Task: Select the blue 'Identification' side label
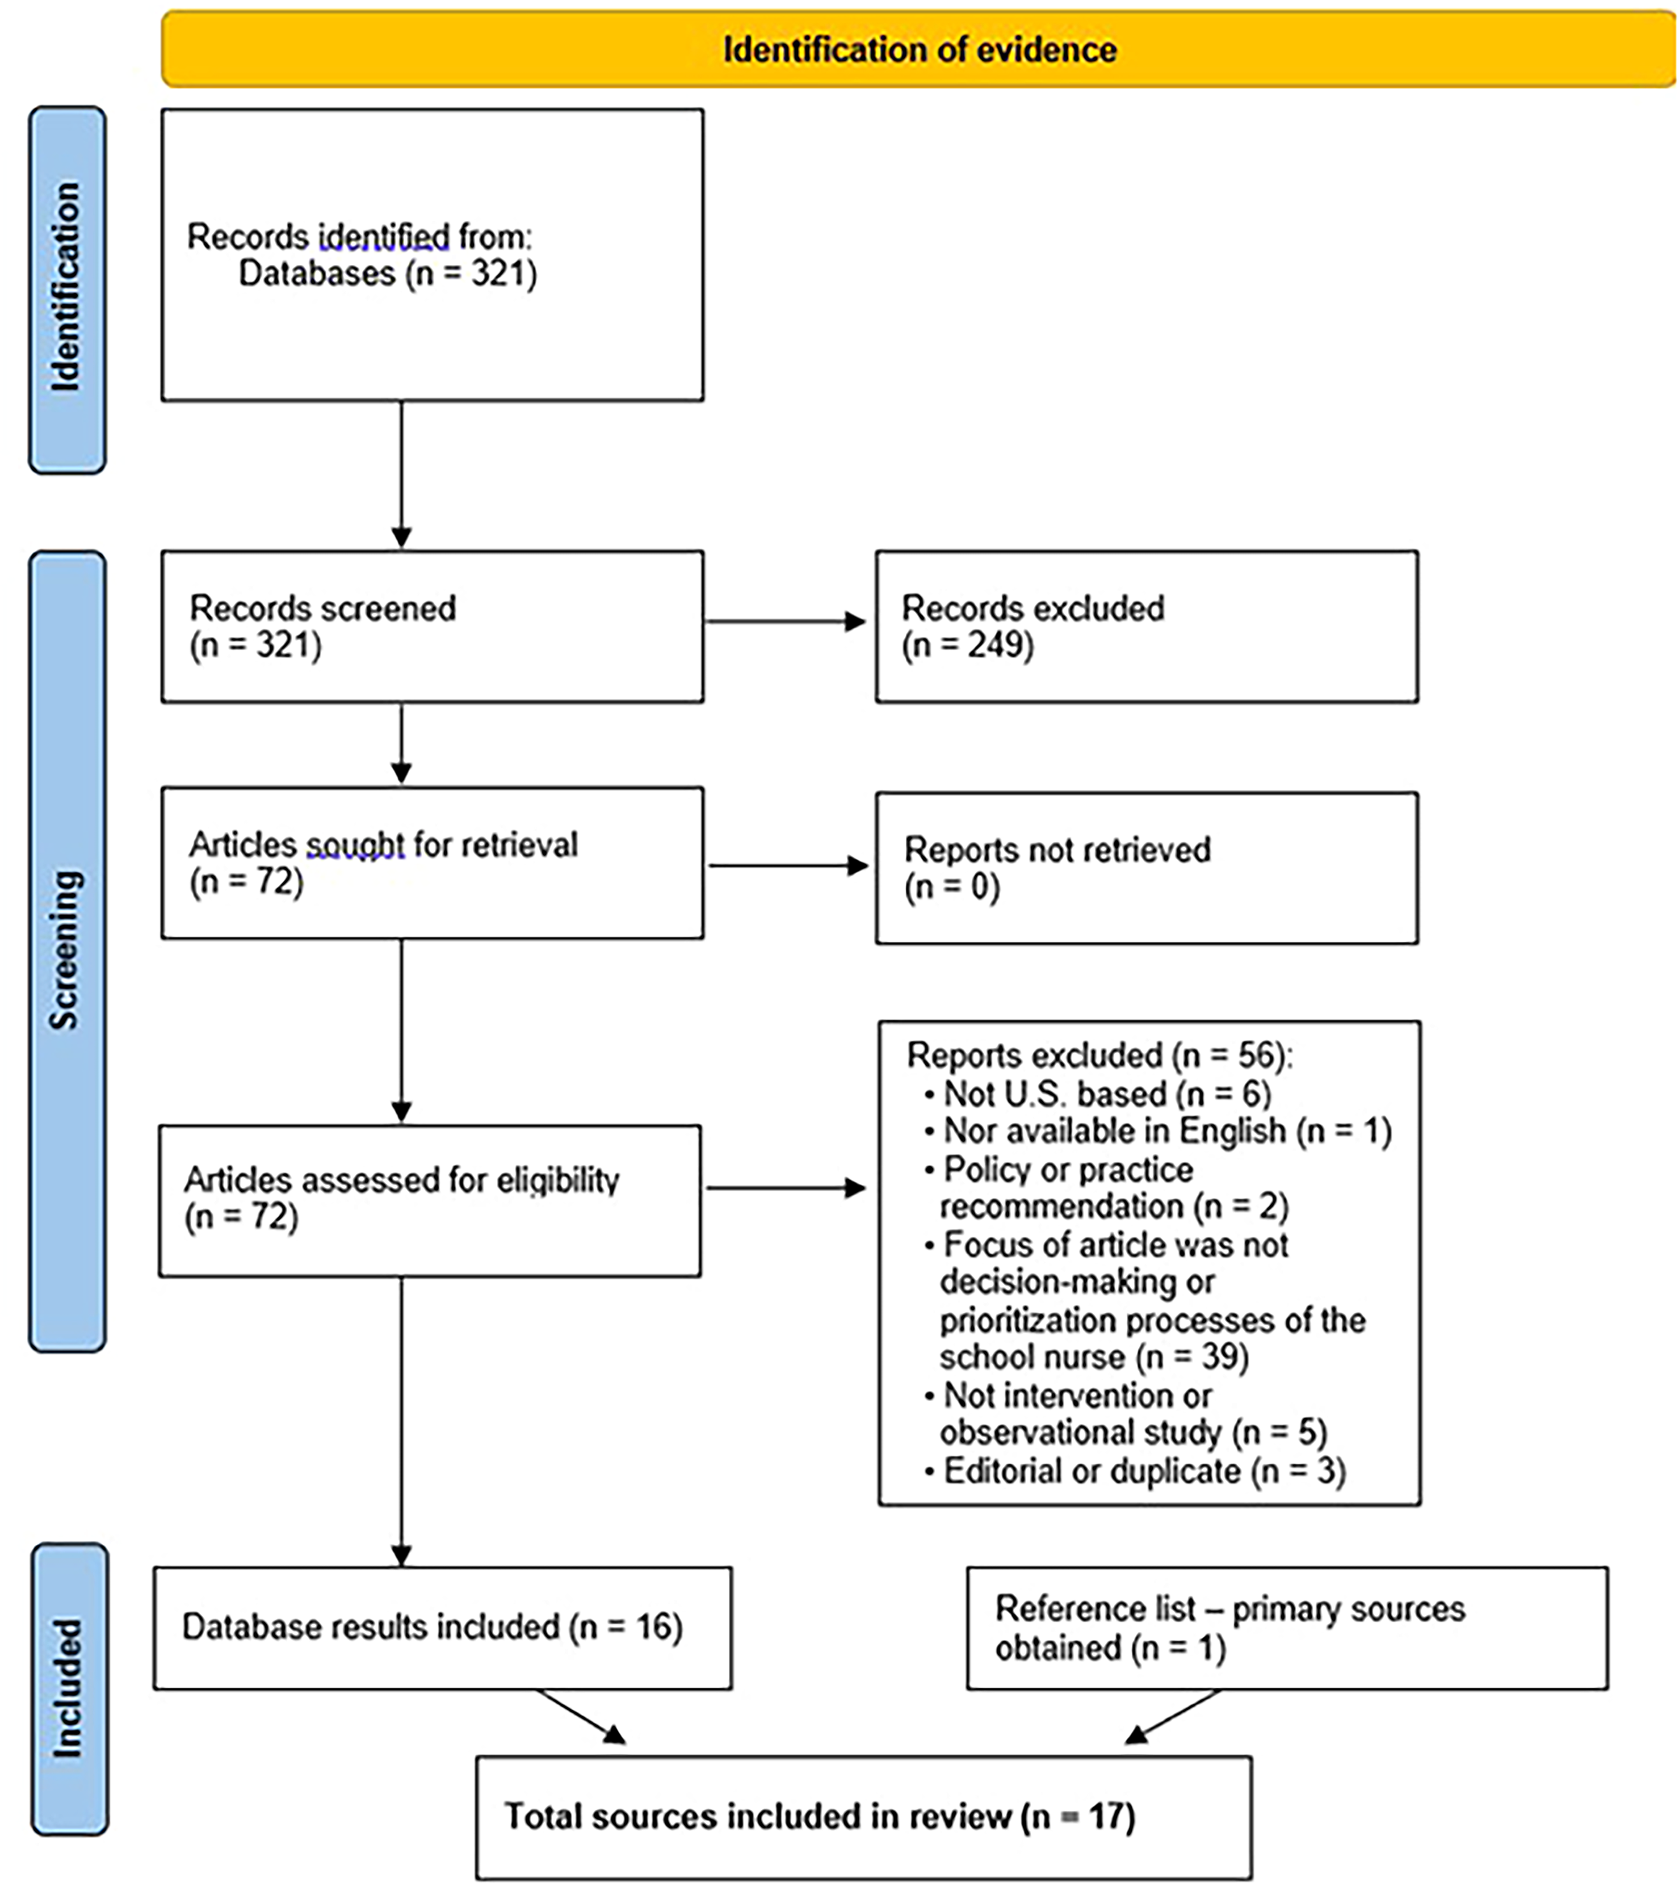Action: click(x=67, y=289)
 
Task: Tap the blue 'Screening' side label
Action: click(x=67, y=951)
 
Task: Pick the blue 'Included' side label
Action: click(x=69, y=1688)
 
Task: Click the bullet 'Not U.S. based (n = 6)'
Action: click(x=1099, y=1094)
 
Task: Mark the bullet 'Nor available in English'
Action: click(x=1159, y=1131)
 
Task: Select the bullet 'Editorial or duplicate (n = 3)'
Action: click(x=1135, y=1470)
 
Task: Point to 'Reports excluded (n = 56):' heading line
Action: click(x=1100, y=1055)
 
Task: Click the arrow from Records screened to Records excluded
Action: click(x=785, y=621)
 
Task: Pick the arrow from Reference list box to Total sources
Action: click(x=1172, y=1717)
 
